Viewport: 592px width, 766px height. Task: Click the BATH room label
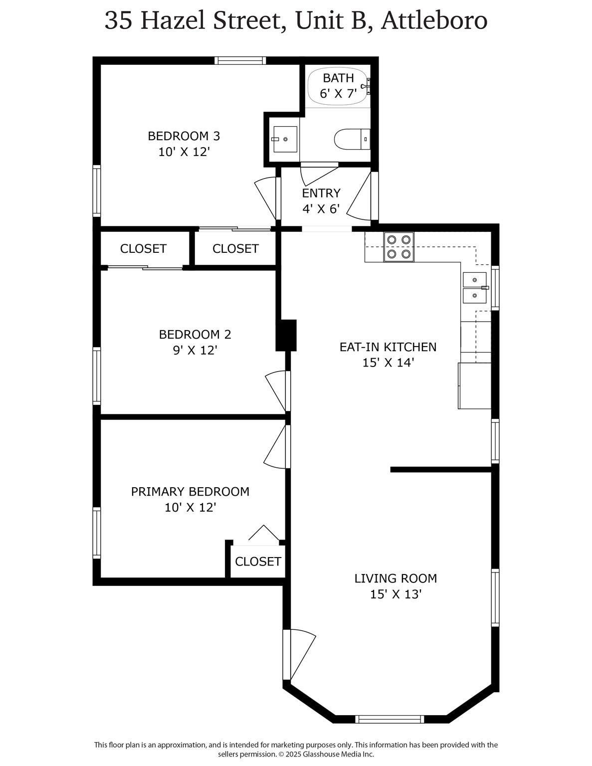tap(338, 78)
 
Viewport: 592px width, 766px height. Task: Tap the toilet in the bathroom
tap(352, 139)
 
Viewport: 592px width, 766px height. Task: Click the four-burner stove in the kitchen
tap(399, 247)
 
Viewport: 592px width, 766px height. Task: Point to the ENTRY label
tap(321, 193)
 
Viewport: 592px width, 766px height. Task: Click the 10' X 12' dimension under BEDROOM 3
tap(184, 152)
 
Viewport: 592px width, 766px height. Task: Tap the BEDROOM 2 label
tap(195, 334)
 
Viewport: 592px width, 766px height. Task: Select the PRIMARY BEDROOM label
tap(190, 492)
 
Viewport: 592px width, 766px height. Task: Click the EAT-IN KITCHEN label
tap(388, 347)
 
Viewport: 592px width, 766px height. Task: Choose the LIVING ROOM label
tap(395, 578)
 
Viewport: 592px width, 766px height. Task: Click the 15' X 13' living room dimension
tap(396, 594)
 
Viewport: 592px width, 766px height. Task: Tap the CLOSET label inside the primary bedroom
tap(258, 562)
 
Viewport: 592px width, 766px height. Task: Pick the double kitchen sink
tap(475, 288)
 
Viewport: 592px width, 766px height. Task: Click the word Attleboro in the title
tap(434, 21)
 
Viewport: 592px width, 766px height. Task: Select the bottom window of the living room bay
tap(390, 719)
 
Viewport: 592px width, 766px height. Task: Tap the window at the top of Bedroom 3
tap(240, 61)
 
